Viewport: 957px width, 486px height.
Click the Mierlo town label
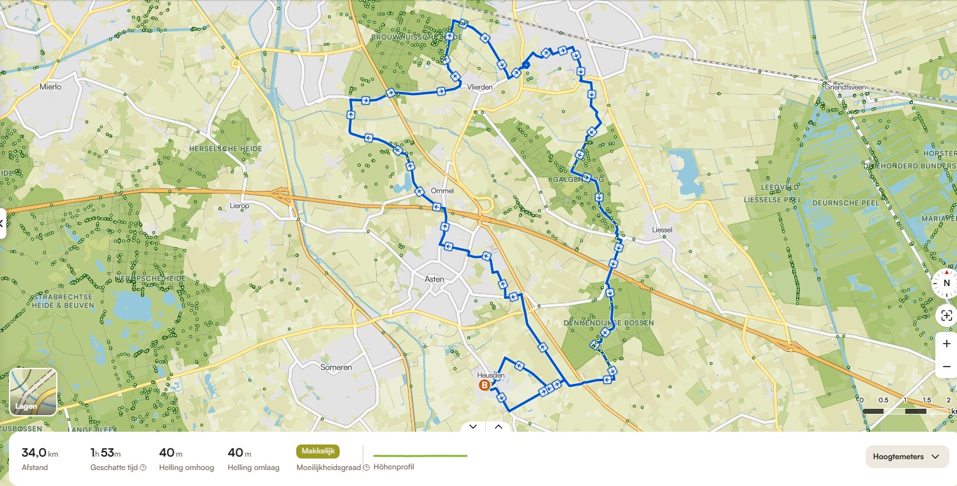click(50, 86)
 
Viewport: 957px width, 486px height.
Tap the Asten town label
click(434, 279)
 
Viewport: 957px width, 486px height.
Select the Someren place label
click(336, 367)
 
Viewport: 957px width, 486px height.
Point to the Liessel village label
click(662, 229)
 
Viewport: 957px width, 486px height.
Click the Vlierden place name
click(479, 87)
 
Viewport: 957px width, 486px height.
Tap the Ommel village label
click(442, 191)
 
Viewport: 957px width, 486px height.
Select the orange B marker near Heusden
click(484, 385)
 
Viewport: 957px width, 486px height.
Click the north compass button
click(946, 283)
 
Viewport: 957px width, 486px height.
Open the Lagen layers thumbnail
click(33, 392)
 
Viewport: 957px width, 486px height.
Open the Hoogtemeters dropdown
click(907, 457)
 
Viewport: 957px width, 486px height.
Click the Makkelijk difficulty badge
click(317, 452)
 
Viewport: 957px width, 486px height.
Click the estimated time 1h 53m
click(105, 453)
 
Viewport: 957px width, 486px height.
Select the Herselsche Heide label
click(216, 148)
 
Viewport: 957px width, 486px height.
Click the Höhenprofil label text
click(393, 467)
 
